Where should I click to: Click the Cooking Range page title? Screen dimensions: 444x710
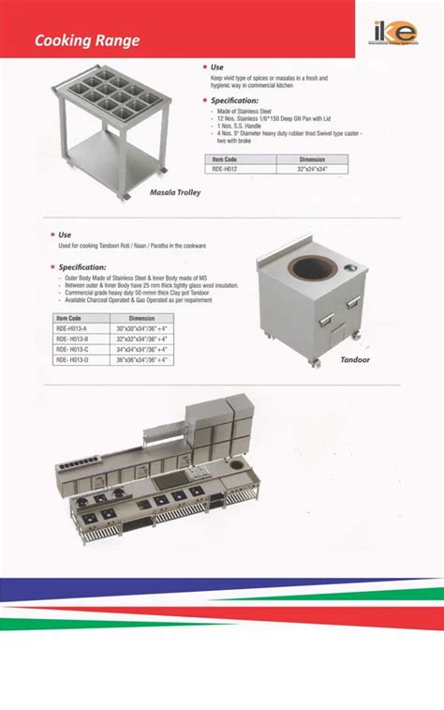coord(87,41)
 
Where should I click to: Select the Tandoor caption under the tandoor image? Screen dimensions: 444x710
coord(355,359)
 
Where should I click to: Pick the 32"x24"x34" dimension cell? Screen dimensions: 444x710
coord(312,170)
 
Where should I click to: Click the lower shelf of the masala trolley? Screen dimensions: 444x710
coord(111,153)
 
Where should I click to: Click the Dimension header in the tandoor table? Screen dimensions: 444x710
coord(141,319)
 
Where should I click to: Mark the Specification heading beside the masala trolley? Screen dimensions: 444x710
coord(234,100)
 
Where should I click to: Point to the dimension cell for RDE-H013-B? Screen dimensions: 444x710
coord(141,340)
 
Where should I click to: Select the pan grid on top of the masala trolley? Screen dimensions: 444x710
coord(110,94)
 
